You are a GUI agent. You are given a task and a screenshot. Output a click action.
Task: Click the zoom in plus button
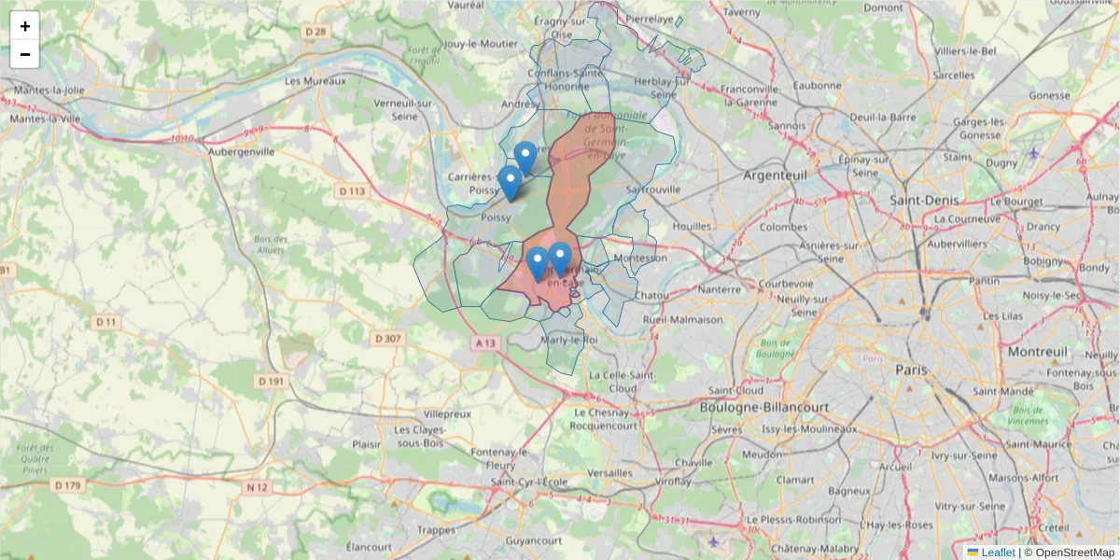[x=25, y=26]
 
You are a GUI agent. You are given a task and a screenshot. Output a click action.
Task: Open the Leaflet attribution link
[x=998, y=553]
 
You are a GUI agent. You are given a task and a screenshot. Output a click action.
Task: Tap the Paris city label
[x=911, y=370]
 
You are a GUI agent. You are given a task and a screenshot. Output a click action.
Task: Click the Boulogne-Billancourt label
[x=764, y=407]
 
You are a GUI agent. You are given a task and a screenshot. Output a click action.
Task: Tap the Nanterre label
[x=719, y=289]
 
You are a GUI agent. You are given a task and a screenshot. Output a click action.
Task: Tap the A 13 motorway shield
[x=484, y=343]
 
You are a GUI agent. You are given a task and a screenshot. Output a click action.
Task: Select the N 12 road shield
[x=258, y=487]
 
